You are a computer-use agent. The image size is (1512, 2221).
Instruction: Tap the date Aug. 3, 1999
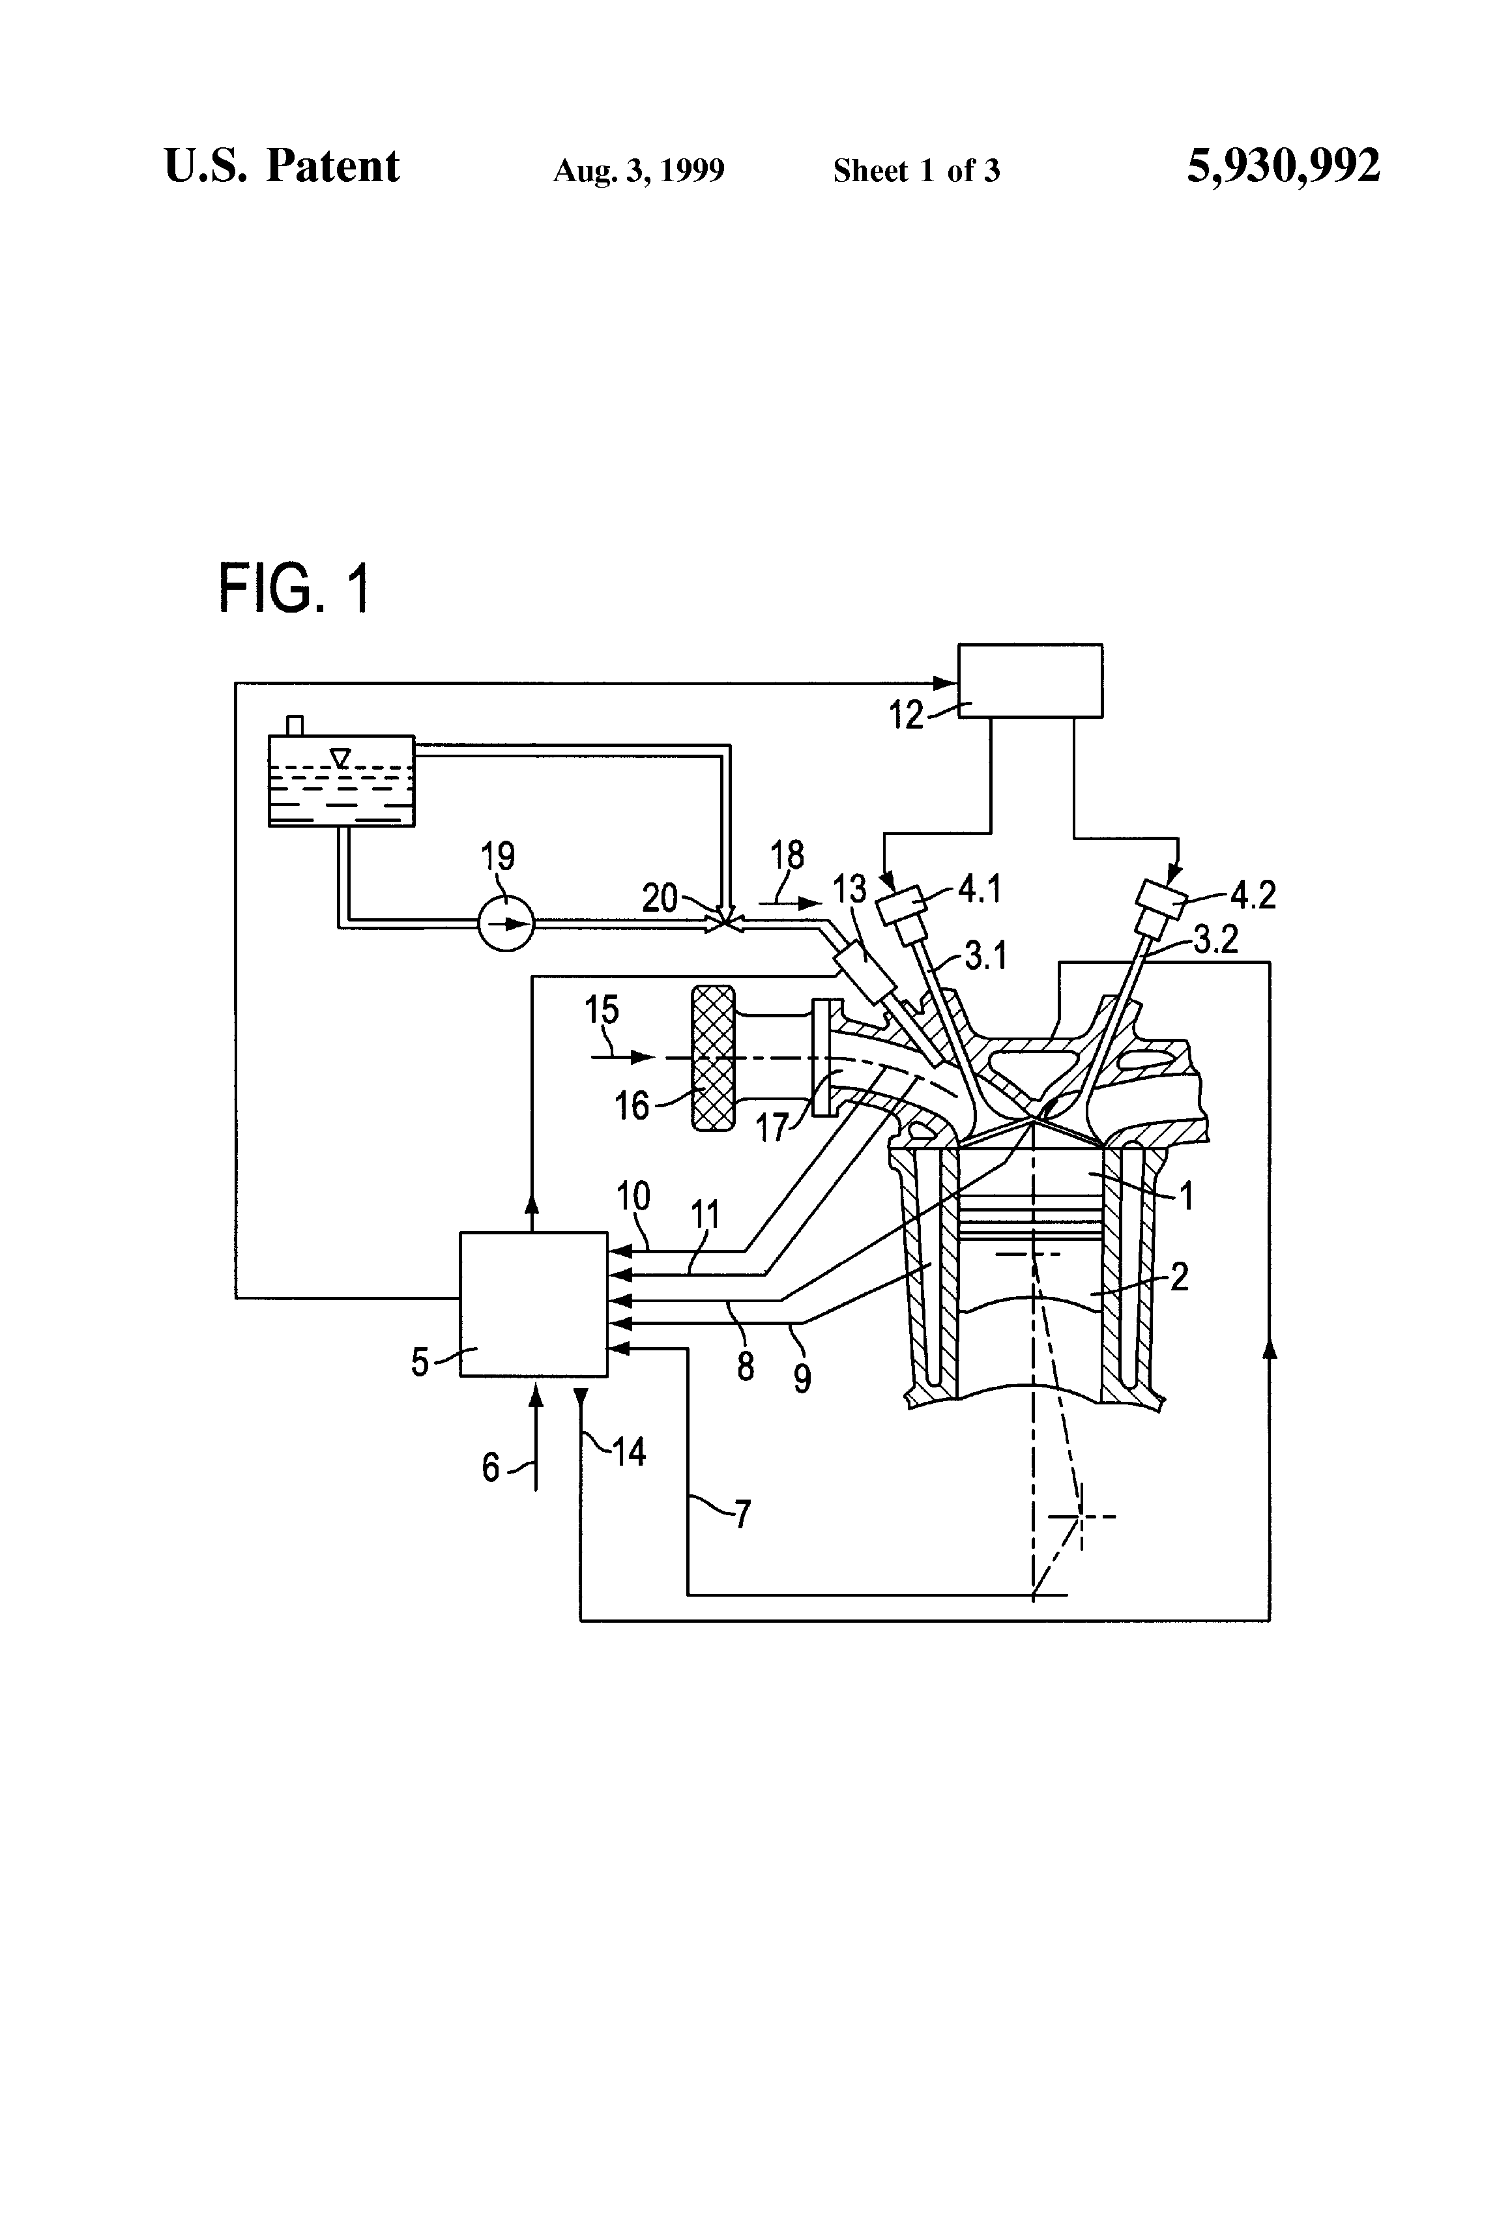639,171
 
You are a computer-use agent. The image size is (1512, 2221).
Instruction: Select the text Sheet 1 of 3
916,171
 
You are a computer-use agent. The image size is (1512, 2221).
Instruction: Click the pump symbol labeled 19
506,923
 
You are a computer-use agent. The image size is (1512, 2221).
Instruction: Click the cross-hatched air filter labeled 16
713,1059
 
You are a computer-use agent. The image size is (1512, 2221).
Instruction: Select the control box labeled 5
533,1303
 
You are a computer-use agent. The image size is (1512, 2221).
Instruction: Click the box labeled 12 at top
1030,680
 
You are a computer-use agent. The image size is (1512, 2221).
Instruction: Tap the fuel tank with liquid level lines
342,781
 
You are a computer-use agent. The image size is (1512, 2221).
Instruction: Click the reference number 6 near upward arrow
490,1467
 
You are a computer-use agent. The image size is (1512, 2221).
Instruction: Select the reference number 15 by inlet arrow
602,1009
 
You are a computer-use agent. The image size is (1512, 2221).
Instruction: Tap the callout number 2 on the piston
1180,1277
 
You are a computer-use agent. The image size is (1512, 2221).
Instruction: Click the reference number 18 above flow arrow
787,855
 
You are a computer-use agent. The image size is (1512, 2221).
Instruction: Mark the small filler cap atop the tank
295,725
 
